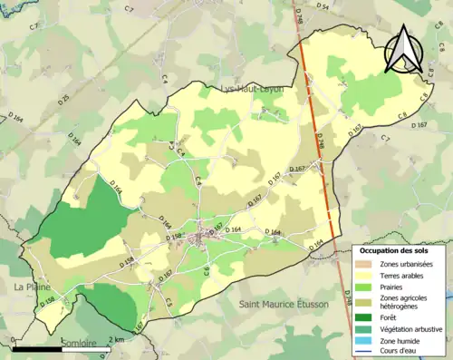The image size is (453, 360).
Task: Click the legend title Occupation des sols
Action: tap(394, 249)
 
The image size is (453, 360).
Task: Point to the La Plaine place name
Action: tap(31, 287)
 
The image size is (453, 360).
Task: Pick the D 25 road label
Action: tap(63, 98)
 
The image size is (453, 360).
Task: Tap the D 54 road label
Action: tap(323, 6)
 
